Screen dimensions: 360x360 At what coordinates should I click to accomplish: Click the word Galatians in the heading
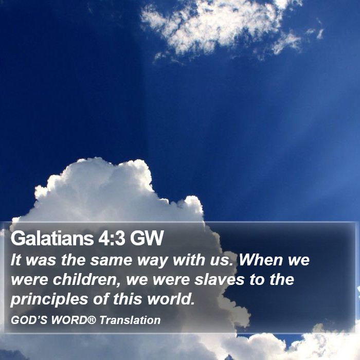pos(52,238)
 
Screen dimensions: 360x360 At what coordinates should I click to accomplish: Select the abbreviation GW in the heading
pos(147,238)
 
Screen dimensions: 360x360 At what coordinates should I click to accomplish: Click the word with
pos(189,260)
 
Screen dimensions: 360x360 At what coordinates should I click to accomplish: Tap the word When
pos(261,260)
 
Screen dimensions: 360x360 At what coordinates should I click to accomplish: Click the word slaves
pos(219,279)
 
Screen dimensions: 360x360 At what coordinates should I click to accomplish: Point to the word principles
pos(49,299)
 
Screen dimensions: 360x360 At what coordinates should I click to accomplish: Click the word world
pos(171,299)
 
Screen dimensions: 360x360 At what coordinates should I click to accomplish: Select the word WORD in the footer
pos(69,320)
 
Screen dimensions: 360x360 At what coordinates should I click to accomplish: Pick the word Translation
pos(130,320)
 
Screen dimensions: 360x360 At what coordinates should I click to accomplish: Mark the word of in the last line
pos(101,299)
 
